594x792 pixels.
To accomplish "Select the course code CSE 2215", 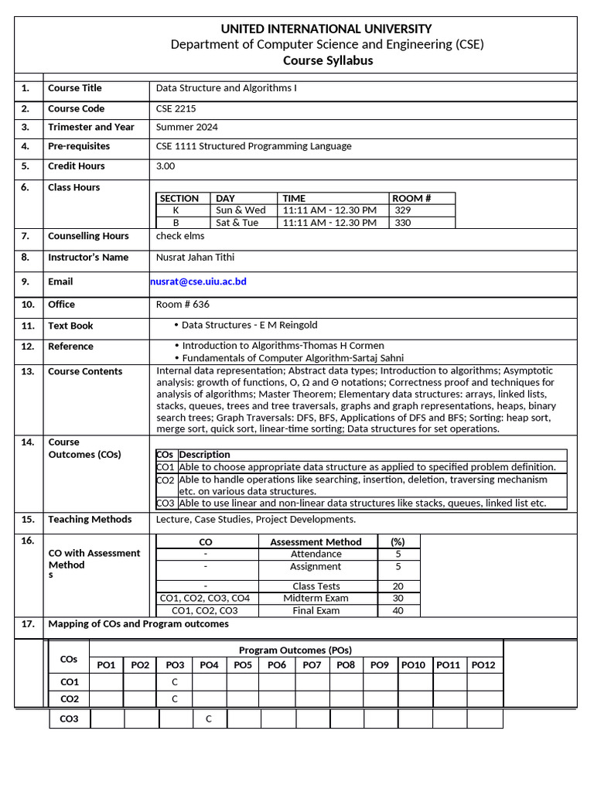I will pyautogui.click(x=176, y=109).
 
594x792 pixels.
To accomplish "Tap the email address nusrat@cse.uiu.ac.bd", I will pyautogui.click(x=199, y=282).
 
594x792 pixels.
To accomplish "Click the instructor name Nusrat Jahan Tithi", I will pyautogui.click(x=195, y=258).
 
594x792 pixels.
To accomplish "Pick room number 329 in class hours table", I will pyautogui.click(x=403, y=210).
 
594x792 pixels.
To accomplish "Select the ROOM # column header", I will pyautogui.click(x=411, y=198).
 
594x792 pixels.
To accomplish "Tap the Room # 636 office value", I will pyautogui.click(x=183, y=305).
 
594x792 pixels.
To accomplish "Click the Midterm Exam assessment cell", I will pyautogui.click(x=316, y=598).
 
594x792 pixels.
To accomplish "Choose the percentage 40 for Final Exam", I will pyautogui.click(x=398, y=610).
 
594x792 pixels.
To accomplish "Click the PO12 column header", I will pyautogui.click(x=483, y=665).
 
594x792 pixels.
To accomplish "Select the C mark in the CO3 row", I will pyautogui.click(x=209, y=719).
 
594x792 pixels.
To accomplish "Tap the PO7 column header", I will pyautogui.click(x=312, y=665).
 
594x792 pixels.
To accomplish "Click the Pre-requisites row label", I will pyautogui.click(x=79, y=146).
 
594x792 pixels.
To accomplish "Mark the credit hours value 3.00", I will pyautogui.click(x=166, y=166).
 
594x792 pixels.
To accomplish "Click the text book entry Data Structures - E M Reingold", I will pyautogui.click(x=249, y=325).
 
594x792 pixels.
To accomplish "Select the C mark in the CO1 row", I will pyautogui.click(x=175, y=682).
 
